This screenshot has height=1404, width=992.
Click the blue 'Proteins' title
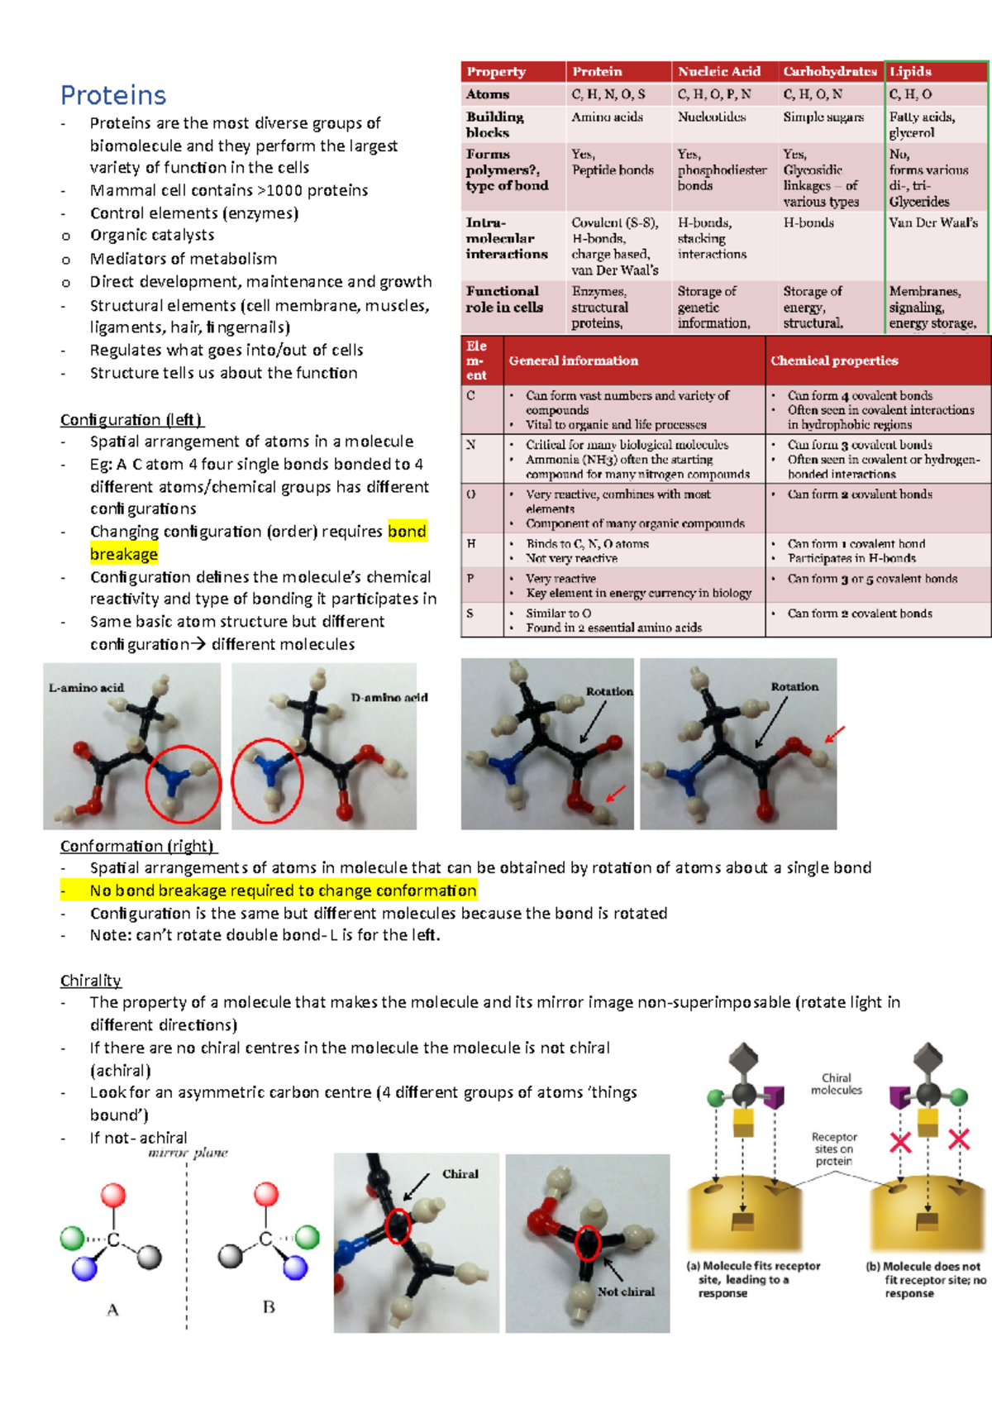[113, 95]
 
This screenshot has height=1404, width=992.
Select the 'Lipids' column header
[910, 71]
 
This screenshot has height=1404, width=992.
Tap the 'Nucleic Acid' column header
[719, 71]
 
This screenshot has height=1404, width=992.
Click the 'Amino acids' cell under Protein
[607, 117]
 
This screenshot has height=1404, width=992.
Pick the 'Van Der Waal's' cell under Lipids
[933, 222]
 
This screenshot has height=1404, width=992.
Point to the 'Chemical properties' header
[834, 361]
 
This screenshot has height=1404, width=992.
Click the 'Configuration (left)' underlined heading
[131, 419]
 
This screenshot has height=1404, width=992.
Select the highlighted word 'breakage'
[124, 554]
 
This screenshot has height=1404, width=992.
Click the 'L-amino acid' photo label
[86, 687]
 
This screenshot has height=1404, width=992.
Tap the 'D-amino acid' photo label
[389, 697]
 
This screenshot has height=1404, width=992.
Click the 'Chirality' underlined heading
[90, 980]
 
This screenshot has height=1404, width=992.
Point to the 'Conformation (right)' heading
[137, 846]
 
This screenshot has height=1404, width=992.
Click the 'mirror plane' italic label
[188, 1153]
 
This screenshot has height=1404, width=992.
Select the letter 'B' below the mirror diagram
[269, 1307]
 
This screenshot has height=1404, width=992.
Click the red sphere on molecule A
[113, 1195]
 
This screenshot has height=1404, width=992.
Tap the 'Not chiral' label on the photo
[626, 1292]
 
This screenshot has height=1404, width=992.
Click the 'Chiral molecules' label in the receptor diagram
[836, 1084]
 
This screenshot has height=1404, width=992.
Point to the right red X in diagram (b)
[959, 1139]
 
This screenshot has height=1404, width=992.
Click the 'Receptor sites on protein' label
[833, 1149]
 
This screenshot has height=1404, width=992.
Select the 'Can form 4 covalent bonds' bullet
[860, 395]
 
